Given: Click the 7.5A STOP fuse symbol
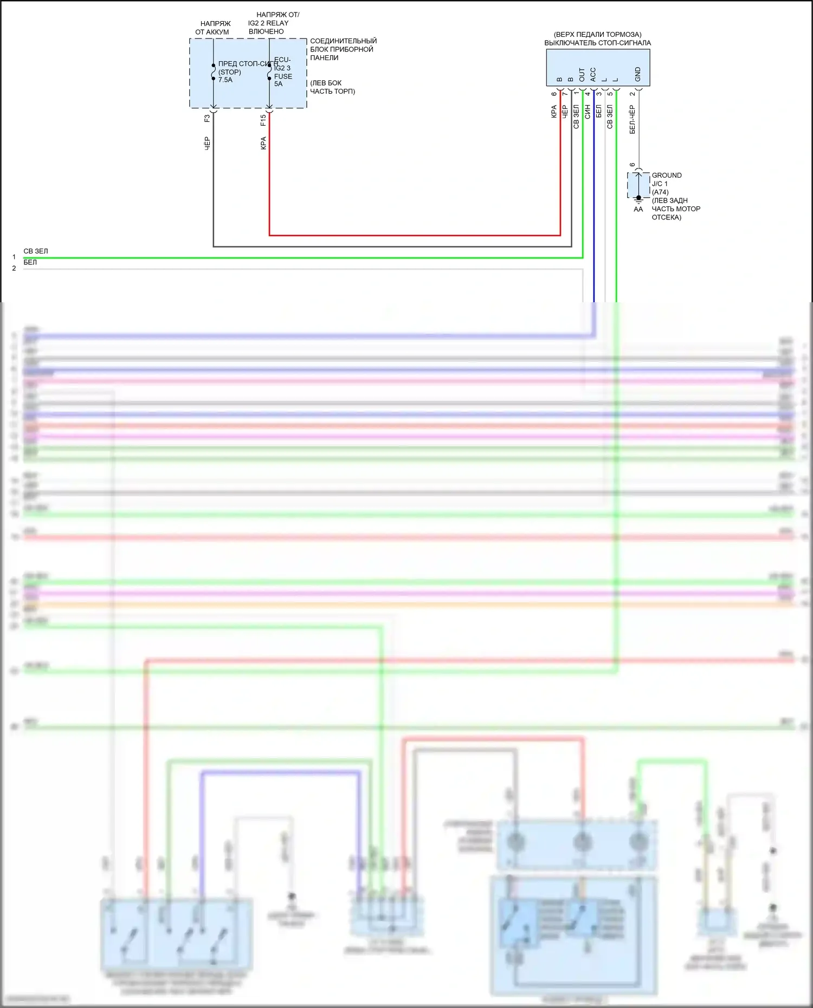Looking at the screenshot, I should coord(214,72).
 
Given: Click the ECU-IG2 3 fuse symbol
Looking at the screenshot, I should coord(269,72).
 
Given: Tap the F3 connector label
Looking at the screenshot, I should coord(207,118).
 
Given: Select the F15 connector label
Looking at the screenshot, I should coord(263,120).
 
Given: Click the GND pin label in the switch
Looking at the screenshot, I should coord(638,74).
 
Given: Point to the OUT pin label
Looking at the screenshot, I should coord(582,75).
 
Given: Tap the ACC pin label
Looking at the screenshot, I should coord(593,75).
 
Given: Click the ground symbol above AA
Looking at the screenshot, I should coord(638,200).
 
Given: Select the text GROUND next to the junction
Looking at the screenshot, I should coord(667,175).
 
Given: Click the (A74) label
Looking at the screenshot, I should coord(660,192).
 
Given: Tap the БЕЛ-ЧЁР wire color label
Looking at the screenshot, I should coord(632,119).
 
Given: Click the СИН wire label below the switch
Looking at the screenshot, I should coord(588,112).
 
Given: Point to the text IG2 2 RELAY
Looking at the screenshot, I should coord(268,23).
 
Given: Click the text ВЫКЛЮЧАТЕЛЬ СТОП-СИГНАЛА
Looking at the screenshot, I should coord(597,43).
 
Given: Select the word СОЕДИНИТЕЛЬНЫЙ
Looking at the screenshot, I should coord(343,41).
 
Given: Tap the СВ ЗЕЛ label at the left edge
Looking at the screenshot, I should coord(36,251).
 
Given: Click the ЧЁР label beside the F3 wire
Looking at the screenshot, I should coord(207,144).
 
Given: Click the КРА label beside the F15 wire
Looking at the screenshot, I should coord(263,143).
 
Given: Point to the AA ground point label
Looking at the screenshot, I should coord(638,209).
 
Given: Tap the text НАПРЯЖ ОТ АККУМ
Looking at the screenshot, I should coord(212,28).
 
